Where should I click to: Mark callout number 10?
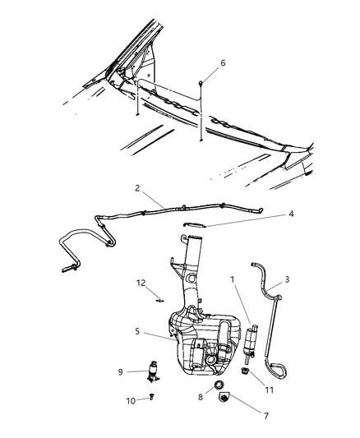click(x=130, y=401)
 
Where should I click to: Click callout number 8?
click(x=199, y=398)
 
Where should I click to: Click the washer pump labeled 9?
click(x=153, y=371)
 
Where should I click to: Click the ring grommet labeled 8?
click(x=219, y=385)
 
